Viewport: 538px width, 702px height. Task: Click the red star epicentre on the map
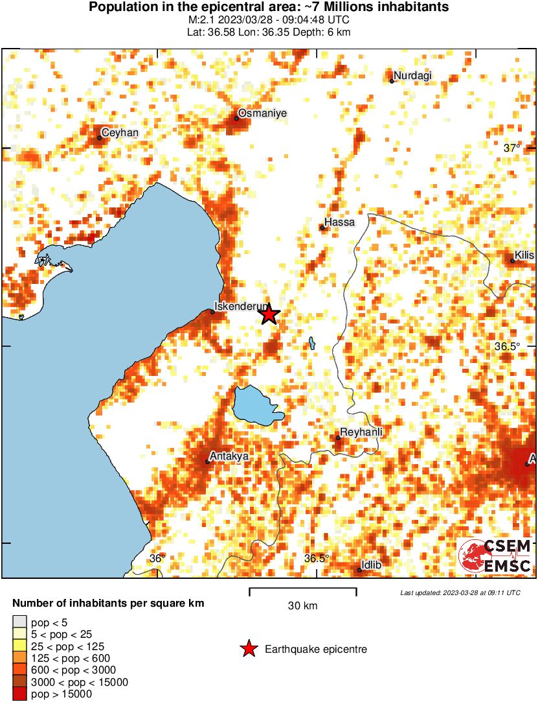point(269,315)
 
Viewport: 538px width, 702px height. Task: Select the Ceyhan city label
point(120,132)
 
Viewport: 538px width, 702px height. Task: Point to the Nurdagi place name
point(412,76)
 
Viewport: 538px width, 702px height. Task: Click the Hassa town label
point(339,222)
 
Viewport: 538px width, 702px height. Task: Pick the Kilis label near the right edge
point(524,255)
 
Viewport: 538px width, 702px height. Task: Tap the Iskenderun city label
point(240,307)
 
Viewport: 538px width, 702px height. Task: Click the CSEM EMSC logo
point(495,556)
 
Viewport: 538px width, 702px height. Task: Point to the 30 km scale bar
point(303,591)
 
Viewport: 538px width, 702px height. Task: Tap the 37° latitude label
point(512,148)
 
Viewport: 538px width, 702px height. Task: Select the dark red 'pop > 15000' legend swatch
point(20,694)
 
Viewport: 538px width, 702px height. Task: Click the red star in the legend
point(248,649)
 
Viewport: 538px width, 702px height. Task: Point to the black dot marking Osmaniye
point(236,118)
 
